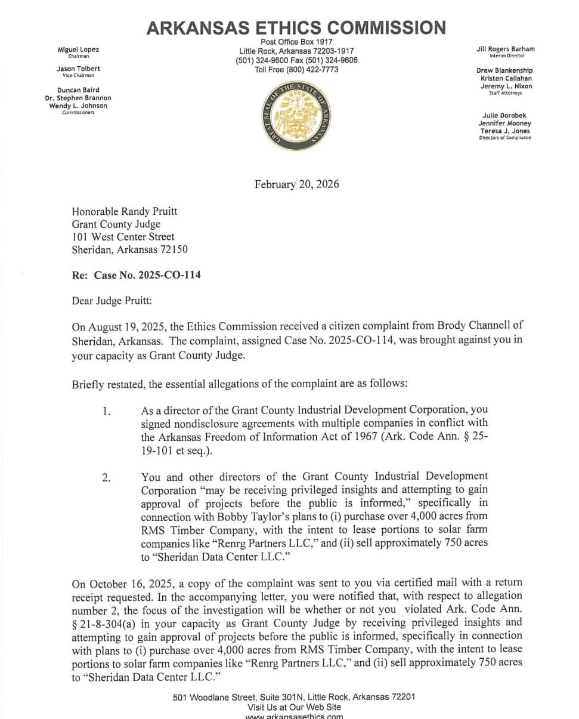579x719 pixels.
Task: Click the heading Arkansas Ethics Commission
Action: [296, 27]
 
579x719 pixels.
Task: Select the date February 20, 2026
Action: [296, 184]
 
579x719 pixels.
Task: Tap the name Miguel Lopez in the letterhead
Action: [78, 50]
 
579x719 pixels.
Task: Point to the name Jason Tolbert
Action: [78, 69]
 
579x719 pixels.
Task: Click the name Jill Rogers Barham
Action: [506, 49]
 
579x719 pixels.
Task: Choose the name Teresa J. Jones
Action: [504, 131]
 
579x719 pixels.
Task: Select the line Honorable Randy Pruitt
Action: [124, 211]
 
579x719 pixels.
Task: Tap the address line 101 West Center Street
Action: [123, 237]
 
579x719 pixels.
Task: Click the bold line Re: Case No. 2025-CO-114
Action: [136, 275]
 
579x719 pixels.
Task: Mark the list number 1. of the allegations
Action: [106, 411]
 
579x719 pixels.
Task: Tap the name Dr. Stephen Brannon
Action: [78, 98]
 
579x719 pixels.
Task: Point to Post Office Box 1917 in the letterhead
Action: [296, 42]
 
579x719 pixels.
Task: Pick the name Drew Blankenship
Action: [504, 70]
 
